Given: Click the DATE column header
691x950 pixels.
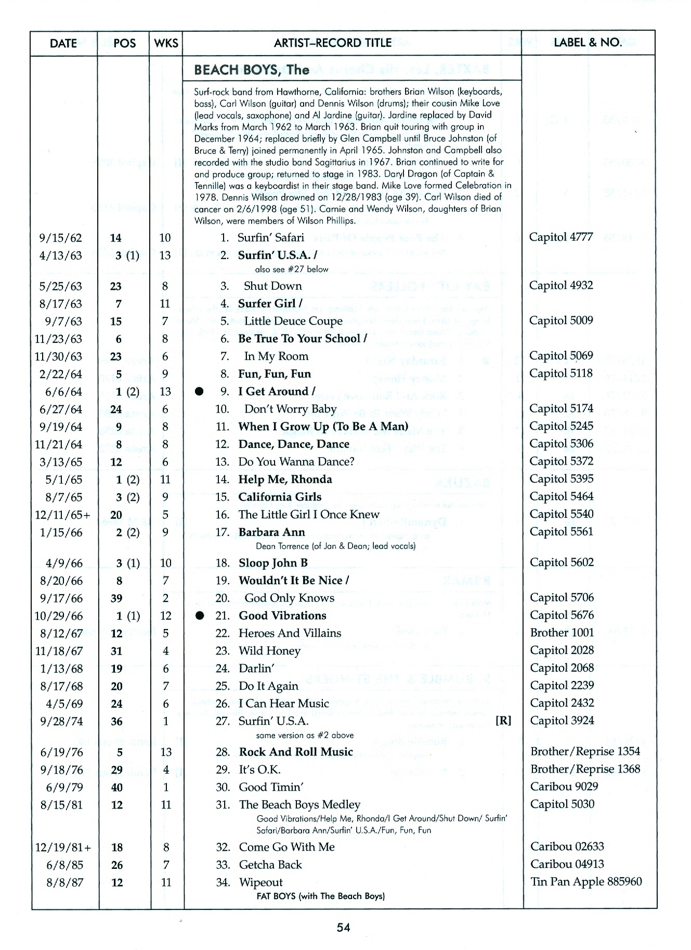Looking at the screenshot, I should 63,43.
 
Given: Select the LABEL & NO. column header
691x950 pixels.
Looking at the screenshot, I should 588,43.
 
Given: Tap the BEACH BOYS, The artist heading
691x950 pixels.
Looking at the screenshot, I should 251,70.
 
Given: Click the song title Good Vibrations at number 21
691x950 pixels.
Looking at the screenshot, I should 282,615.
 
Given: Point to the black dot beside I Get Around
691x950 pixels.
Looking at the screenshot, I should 199,392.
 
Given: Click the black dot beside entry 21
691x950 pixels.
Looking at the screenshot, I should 199,616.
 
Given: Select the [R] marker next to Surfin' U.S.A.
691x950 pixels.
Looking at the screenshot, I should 503,721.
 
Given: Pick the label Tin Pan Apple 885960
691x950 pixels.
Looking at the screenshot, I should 586,882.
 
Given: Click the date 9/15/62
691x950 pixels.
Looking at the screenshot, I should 61,238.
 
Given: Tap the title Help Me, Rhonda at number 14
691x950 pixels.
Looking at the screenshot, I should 285,479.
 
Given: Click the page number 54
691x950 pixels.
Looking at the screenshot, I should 343,927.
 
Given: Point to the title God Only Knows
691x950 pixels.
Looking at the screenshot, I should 289,598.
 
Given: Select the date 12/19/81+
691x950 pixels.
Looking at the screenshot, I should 63,848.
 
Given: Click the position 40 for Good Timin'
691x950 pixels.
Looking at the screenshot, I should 117,788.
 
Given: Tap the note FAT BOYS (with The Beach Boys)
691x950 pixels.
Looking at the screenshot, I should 320,896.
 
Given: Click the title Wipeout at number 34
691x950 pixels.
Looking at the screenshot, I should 260,882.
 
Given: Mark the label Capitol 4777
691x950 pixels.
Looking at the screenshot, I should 561,237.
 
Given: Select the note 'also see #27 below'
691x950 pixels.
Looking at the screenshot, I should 292,269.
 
